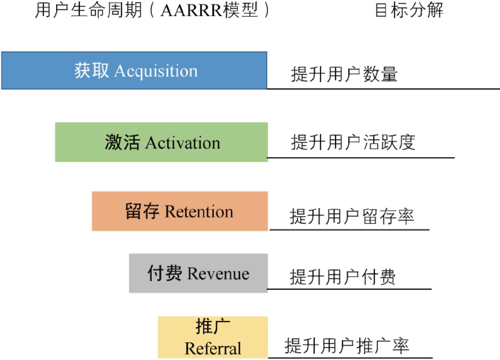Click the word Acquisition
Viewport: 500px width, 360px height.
[156, 71]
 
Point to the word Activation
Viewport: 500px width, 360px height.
[183, 143]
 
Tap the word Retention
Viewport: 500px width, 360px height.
[199, 212]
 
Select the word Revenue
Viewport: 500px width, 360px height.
[218, 274]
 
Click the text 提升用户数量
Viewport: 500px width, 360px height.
[344, 74]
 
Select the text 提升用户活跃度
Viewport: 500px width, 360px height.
[353, 142]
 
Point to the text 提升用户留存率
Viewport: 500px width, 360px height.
[352, 216]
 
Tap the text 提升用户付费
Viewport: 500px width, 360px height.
[343, 277]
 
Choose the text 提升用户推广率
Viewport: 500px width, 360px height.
[347, 346]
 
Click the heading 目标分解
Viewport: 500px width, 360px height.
[409, 10]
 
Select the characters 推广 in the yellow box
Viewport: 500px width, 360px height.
[213, 327]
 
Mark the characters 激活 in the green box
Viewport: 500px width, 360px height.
[122, 143]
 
